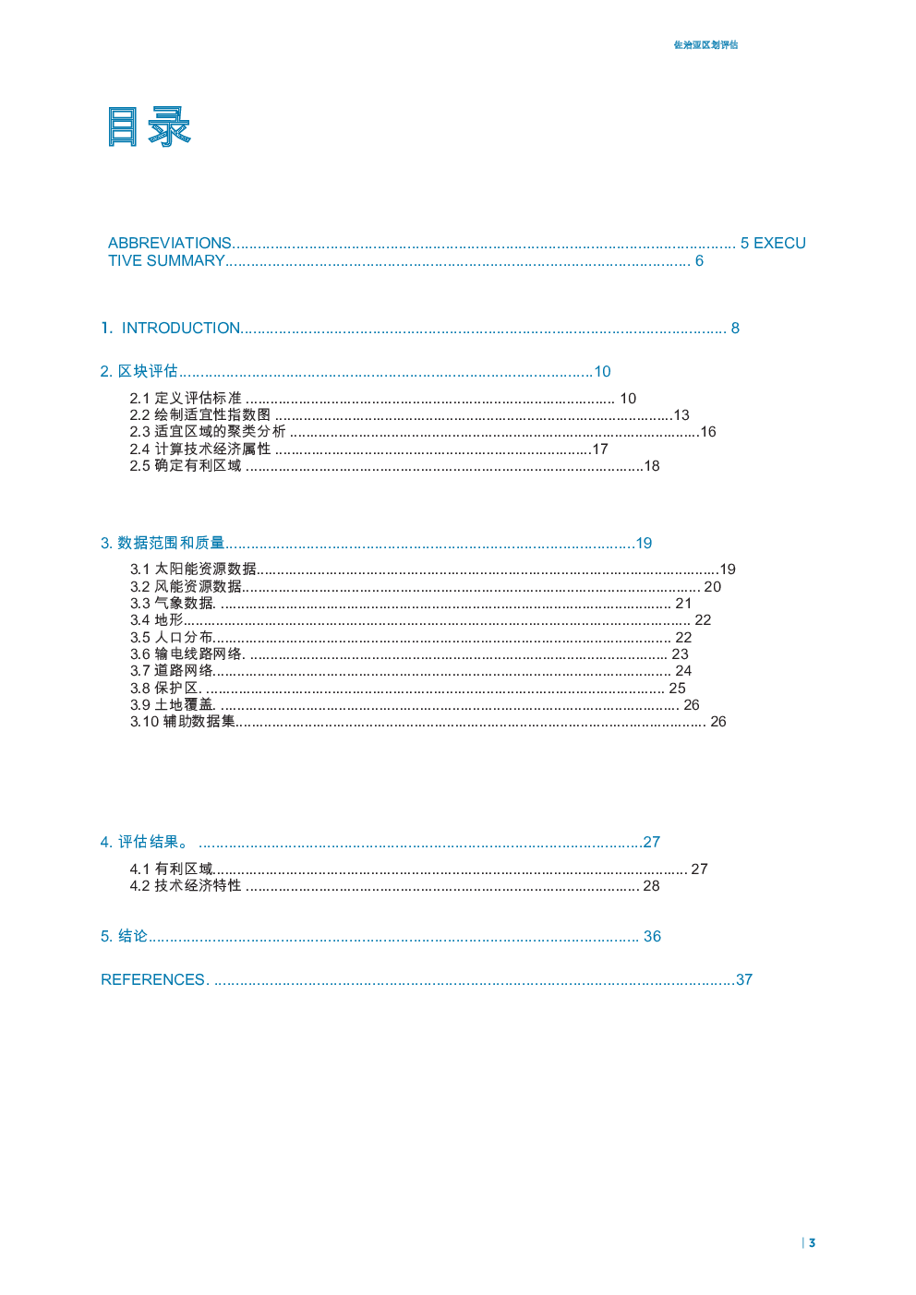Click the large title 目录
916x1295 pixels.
[x=149, y=126]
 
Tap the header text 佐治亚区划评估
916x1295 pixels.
[x=705, y=45]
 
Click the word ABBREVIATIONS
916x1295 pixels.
[x=169, y=243]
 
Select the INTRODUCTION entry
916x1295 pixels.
[x=180, y=328]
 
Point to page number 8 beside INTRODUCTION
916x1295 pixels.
[x=735, y=328]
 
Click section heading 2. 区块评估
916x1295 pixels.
[x=139, y=371]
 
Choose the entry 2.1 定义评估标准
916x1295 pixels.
[x=185, y=399]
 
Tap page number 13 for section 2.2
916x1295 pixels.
[x=681, y=415]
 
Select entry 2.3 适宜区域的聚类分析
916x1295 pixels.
[x=208, y=431]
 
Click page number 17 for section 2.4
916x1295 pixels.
[x=600, y=450]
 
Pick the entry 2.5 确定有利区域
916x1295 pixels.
[x=185, y=465]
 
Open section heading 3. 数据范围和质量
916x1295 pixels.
[x=162, y=543]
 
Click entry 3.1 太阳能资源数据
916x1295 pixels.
[x=193, y=570]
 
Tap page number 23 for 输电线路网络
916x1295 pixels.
[x=680, y=653]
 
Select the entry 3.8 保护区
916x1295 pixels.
[x=164, y=688]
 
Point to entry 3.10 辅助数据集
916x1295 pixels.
[x=183, y=722]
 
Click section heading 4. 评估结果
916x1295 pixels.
[x=145, y=842]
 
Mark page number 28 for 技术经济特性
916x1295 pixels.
[x=651, y=886]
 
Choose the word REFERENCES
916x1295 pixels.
[x=152, y=979]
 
